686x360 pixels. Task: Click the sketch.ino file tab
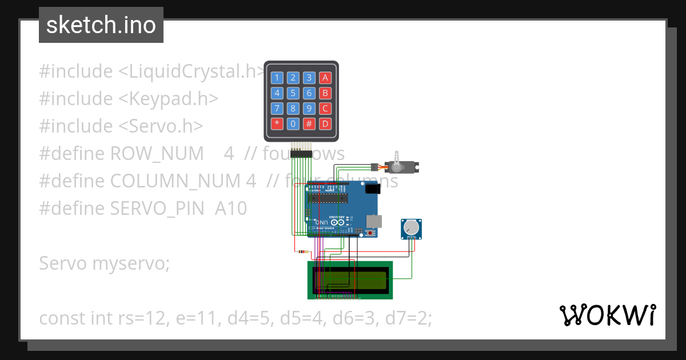coord(101,25)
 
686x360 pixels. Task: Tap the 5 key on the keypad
coord(293,93)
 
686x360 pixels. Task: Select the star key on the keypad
coord(277,123)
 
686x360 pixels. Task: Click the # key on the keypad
coord(309,123)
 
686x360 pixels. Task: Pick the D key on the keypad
coord(325,123)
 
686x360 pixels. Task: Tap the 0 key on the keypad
coord(293,123)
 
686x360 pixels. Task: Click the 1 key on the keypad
coord(277,78)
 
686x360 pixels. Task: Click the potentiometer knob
coord(410,230)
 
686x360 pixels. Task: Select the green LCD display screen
coord(350,280)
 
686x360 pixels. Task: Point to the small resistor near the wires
coord(302,251)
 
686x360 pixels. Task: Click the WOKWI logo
coord(607,315)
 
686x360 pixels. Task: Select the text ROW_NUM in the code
coord(157,154)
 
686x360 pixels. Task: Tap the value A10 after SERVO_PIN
coord(231,209)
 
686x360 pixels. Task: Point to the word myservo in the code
coord(131,263)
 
